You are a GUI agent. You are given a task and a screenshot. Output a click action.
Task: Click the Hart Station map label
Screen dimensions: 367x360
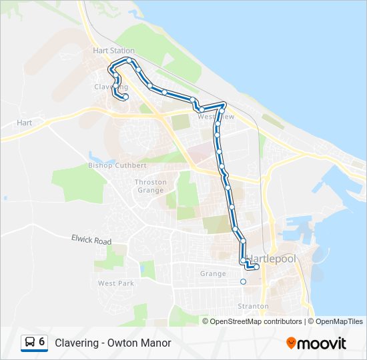[x=113, y=51]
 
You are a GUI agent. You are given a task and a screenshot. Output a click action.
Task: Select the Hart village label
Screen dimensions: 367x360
[x=25, y=123]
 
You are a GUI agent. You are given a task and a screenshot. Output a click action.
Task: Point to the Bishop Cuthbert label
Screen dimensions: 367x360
[x=117, y=165]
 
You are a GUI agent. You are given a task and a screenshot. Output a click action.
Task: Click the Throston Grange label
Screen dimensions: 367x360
[x=149, y=185]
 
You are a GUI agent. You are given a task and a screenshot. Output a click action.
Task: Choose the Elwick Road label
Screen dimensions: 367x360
[x=91, y=239]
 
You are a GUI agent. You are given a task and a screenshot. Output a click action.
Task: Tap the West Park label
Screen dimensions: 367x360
[x=116, y=283]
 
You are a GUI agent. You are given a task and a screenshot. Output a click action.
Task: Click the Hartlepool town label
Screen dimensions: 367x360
[x=270, y=258]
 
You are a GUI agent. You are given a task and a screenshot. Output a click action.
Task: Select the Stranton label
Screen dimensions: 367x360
[x=254, y=306]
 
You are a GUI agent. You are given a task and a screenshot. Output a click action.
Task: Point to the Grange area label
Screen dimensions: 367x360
[x=213, y=273]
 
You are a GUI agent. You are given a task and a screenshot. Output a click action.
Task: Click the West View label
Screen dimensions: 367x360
[x=216, y=117]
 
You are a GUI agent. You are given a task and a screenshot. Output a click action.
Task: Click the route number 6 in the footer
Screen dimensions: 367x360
[x=42, y=342]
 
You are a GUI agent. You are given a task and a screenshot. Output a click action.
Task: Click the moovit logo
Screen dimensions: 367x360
[x=316, y=343]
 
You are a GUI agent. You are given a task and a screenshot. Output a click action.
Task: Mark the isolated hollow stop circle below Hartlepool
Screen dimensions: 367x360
[x=243, y=282]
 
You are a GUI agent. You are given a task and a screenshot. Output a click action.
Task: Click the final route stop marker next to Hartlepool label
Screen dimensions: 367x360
[x=257, y=267]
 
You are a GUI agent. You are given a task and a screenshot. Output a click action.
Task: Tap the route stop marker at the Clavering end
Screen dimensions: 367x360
[x=125, y=98]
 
